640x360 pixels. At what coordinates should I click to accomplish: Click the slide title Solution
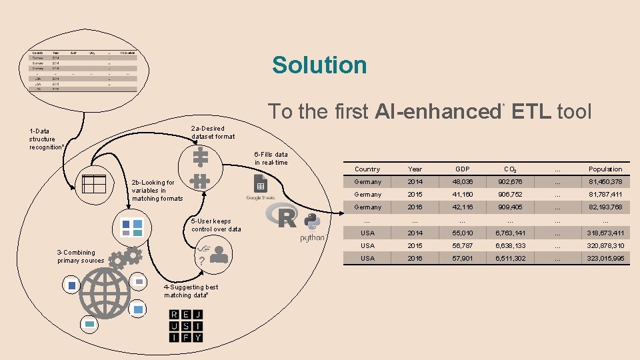pyautogui.click(x=319, y=65)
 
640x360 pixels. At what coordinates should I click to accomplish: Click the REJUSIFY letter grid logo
pyautogui.click(x=185, y=326)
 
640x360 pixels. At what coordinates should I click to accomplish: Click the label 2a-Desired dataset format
pyautogui.click(x=213, y=132)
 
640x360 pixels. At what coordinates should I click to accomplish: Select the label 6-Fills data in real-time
pyautogui.click(x=271, y=158)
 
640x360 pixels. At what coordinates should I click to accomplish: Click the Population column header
pyautogui.click(x=605, y=169)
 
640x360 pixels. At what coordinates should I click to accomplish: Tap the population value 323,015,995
pyautogui.click(x=605, y=258)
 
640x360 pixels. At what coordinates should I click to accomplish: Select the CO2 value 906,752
pyautogui.click(x=509, y=195)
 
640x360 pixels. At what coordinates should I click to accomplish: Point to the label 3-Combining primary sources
pyautogui.click(x=81, y=257)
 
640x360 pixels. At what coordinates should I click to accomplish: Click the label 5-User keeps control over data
pyautogui.click(x=216, y=225)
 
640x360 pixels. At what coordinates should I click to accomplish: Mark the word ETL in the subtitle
pyautogui.click(x=531, y=111)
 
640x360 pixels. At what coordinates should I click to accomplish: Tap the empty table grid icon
pyautogui.click(x=94, y=183)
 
